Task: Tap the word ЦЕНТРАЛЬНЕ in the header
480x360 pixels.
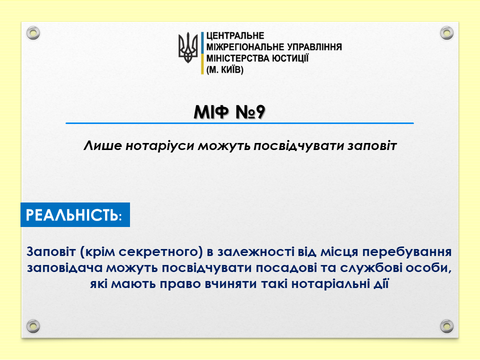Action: [x=235, y=36]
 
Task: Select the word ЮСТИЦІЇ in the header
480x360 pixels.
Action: [x=290, y=58]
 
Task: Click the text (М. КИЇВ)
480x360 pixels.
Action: [x=225, y=70]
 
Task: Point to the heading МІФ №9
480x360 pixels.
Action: [x=229, y=112]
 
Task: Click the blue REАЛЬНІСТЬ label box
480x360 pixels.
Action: [x=75, y=214]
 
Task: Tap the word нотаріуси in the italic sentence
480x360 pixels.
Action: [x=160, y=145]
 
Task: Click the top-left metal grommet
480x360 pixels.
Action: [x=33, y=33]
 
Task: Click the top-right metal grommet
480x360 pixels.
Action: [x=446, y=33]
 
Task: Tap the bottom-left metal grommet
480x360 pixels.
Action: [x=33, y=326]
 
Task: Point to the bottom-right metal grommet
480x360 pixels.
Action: [x=446, y=326]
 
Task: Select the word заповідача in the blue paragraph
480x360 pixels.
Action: [x=64, y=268]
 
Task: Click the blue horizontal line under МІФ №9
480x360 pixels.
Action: [x=239, y=123]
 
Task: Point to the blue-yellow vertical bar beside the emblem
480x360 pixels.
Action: [x=202, y=53]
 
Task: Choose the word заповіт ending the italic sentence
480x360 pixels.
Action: [x=372, y=145]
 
